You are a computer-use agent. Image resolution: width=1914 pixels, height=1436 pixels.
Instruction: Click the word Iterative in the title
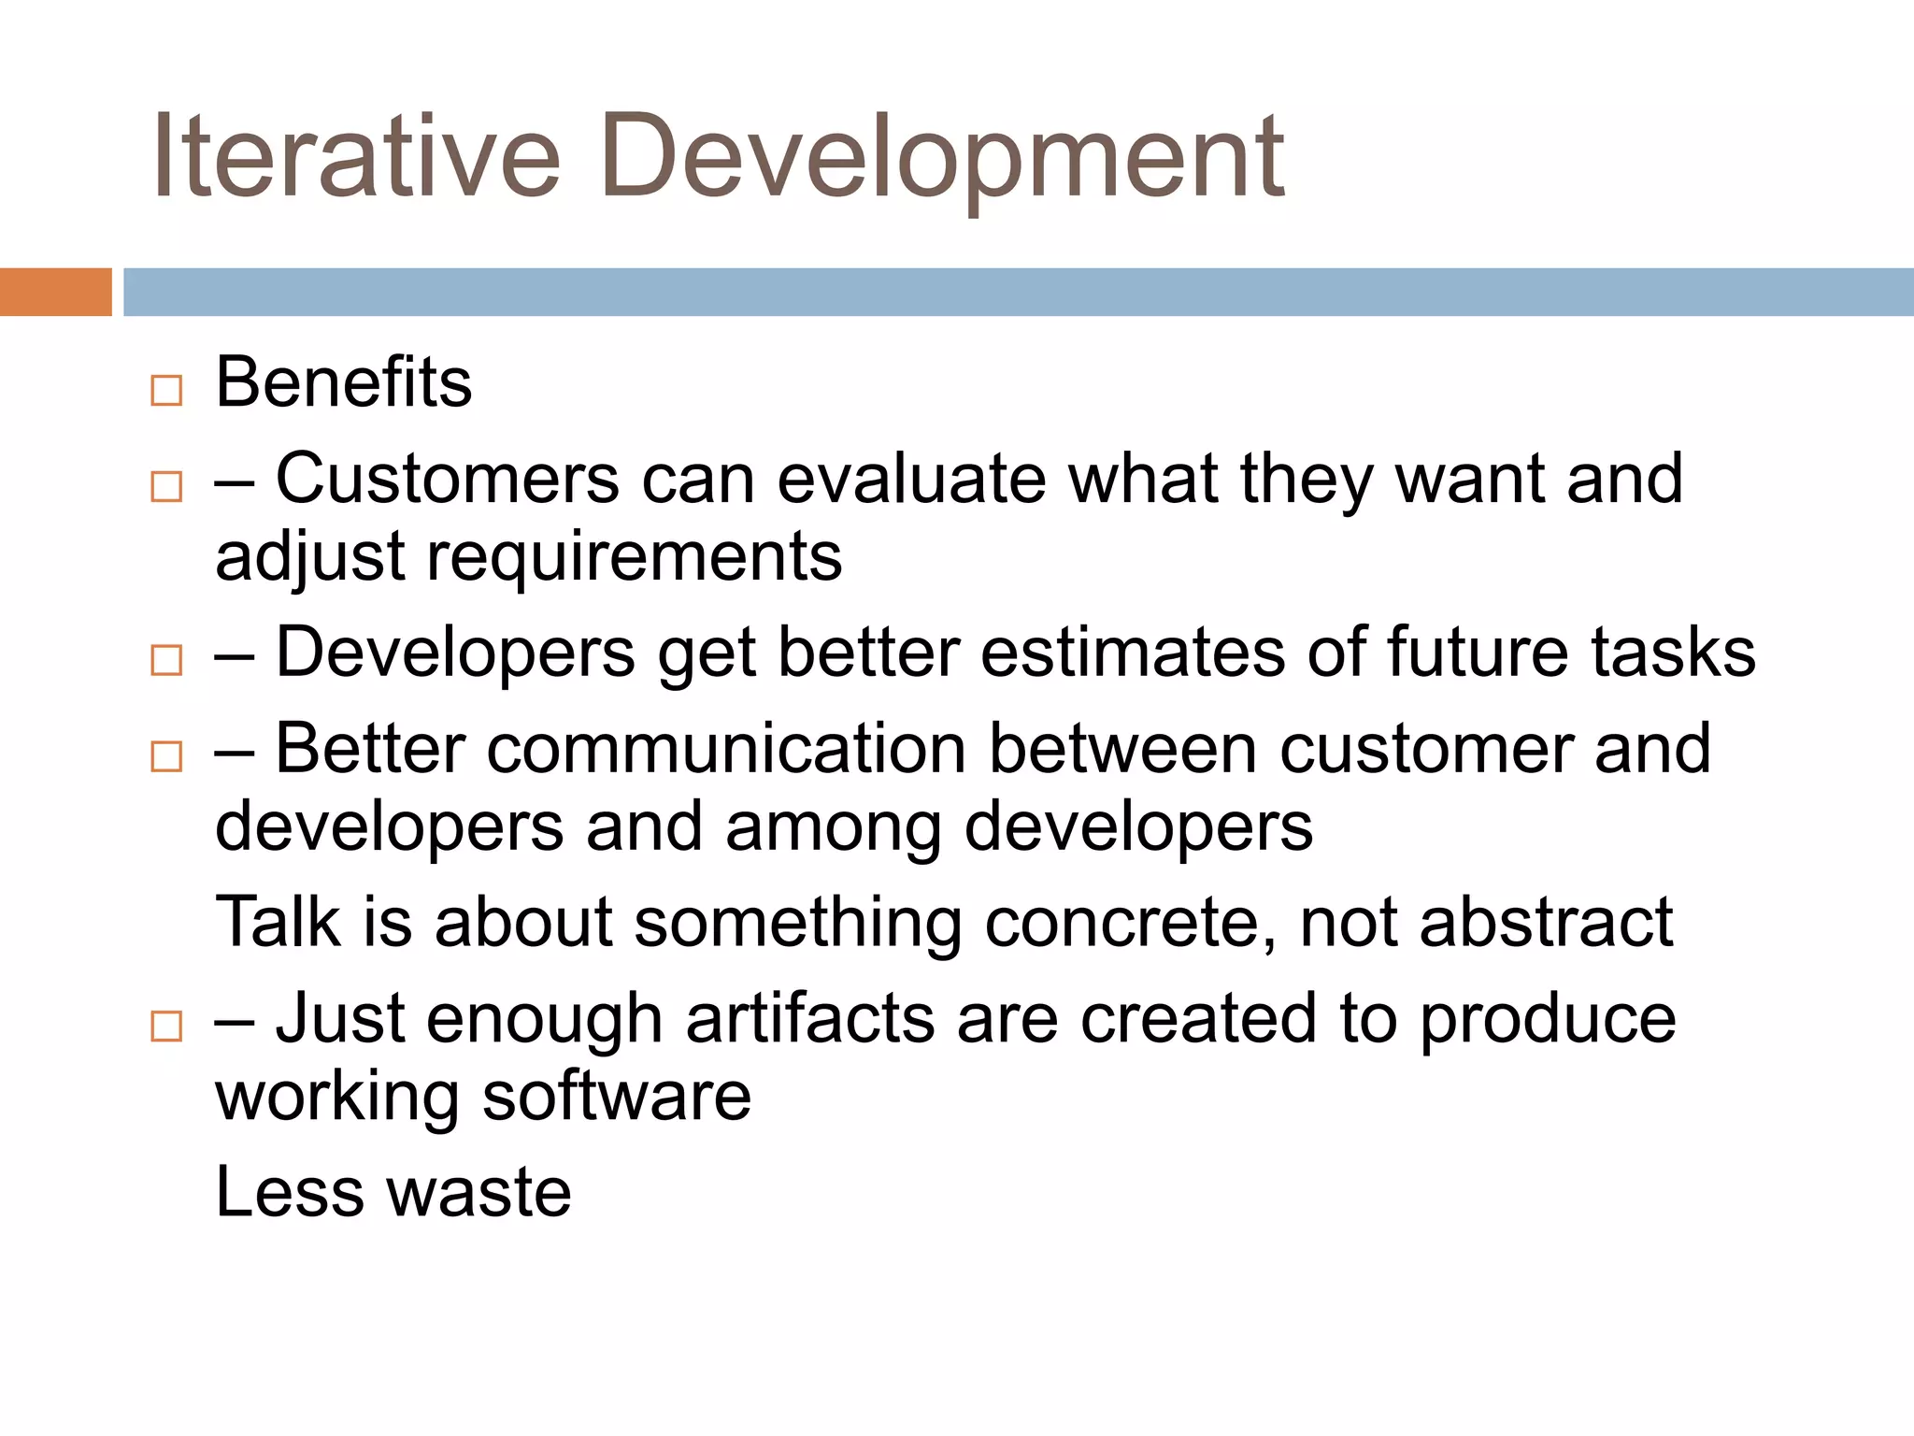click(x=355, y=156)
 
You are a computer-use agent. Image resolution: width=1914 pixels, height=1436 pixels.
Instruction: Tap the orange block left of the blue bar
click(x=55, y=292)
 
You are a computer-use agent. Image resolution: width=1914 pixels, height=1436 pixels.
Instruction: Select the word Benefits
click(x=343, y=382)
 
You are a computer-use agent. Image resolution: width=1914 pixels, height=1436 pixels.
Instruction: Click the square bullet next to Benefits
click(x=166, y=390)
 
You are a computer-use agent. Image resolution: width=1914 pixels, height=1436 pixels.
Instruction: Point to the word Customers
click(x=447, y=479)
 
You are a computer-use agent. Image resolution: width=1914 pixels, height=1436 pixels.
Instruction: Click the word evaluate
click(x=911, y=479)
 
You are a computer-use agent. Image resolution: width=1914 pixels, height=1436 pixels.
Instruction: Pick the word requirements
click(x=634, y=557)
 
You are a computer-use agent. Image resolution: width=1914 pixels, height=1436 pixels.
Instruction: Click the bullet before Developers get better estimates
click(x=166, y=660)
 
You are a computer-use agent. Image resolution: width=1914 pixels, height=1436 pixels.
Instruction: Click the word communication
click(x=726, y=750)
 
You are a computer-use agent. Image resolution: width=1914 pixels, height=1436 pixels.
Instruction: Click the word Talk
click(x=278, y=923)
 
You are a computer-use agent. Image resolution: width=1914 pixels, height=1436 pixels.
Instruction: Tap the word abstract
click(x=1546, y=923)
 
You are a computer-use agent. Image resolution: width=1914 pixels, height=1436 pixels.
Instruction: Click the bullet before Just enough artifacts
click(x=166, y=1026)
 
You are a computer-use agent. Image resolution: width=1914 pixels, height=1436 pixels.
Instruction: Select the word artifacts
click(x=809, y=1019)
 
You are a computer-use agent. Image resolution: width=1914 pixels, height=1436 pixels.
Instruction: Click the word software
click(x=616, y=1097)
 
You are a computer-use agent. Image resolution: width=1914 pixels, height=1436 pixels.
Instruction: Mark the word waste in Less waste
click(x=478, y=1194)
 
